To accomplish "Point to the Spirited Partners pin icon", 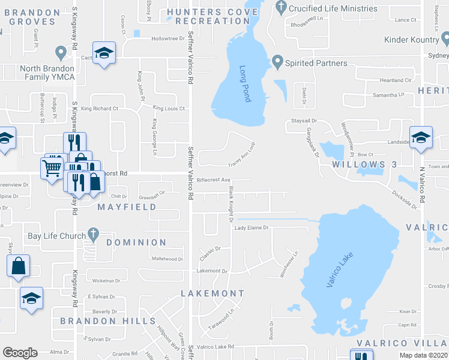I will tap(277, 62).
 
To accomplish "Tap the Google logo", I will tap(20, 353).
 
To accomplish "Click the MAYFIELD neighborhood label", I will tap(127, 207).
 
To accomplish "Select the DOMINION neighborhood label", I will tap(136, 242).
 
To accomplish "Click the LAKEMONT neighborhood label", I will tap(212, 294).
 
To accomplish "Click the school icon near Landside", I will tap(421, 136).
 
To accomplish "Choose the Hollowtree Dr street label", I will tap(167, 38).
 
